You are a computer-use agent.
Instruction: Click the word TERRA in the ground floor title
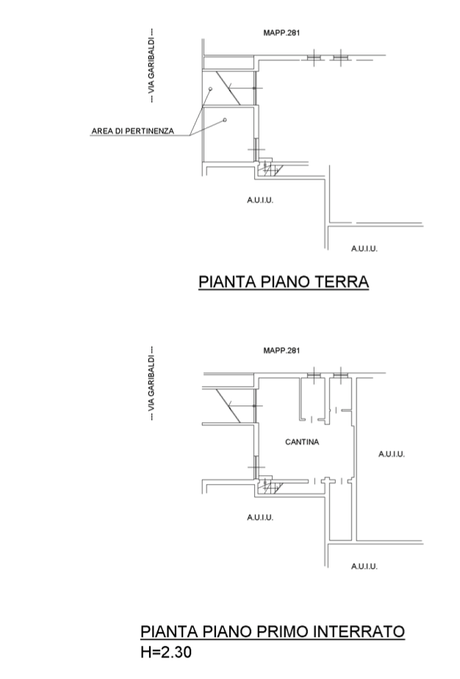pyautogui.click(x=340, y=282)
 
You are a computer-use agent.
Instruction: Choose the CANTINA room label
pyautogui.click(x=301, y=442)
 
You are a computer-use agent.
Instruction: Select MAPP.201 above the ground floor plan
pyautogui.click(x=281, y=32)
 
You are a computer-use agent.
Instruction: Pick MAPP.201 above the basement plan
pyautogui.click(x=281, y=350)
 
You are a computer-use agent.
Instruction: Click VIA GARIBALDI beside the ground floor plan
pyautogui.click(x=151, y=66)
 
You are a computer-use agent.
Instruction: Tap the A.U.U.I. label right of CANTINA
pyautogui.click(x=391, y=454)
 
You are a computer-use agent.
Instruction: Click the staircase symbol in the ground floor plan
pyautogui.click(x=269, y=169)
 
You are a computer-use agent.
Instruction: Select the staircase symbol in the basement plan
pyautogui.click(x=269, y=486)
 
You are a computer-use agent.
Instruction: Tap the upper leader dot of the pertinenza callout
pyautogui.click(x=209, y=89)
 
